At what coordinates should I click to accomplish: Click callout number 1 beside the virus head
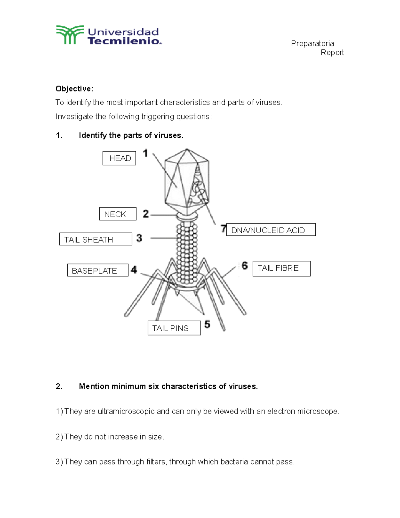click(145, 153)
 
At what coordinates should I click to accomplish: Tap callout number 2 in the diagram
click(146, 214)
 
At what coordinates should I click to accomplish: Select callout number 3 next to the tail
click(139, 238)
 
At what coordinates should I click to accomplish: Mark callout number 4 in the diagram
click(134, 270)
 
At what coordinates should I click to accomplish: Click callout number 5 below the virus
click(207, 324)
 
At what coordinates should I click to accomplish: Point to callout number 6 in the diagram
click(245, 266)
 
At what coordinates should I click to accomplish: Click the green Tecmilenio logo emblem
click(70, 35)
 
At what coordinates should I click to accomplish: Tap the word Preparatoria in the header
click(312, 44)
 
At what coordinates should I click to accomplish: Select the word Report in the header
click(332, 53)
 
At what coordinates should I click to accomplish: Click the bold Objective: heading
click(74, 89)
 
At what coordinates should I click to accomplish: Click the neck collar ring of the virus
click(187, 216)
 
